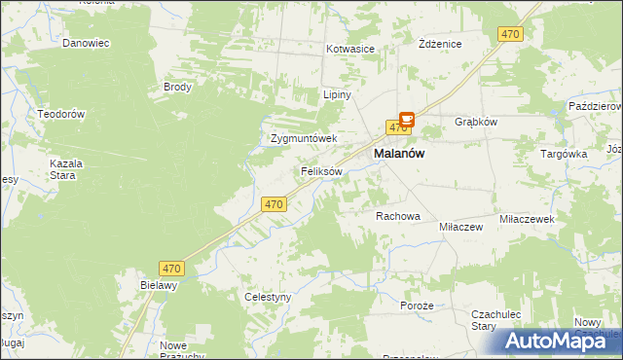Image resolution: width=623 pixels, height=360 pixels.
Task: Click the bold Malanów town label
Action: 400,154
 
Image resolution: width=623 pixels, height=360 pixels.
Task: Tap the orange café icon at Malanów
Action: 407,120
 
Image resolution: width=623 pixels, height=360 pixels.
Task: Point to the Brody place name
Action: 178,87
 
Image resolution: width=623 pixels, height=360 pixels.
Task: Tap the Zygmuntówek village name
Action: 304,139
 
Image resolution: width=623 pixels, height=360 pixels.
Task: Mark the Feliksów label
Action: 321,171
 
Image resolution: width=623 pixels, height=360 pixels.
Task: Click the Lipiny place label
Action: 337,95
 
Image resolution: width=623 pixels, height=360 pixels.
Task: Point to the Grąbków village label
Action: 477,123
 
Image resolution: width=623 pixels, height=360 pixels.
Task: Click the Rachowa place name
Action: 397,216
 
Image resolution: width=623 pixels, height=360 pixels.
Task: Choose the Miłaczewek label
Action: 527,220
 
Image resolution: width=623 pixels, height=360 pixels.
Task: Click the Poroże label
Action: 417,306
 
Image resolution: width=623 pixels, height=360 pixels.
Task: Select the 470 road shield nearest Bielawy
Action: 172,268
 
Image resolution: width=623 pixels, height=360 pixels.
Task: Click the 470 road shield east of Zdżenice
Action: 510,34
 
